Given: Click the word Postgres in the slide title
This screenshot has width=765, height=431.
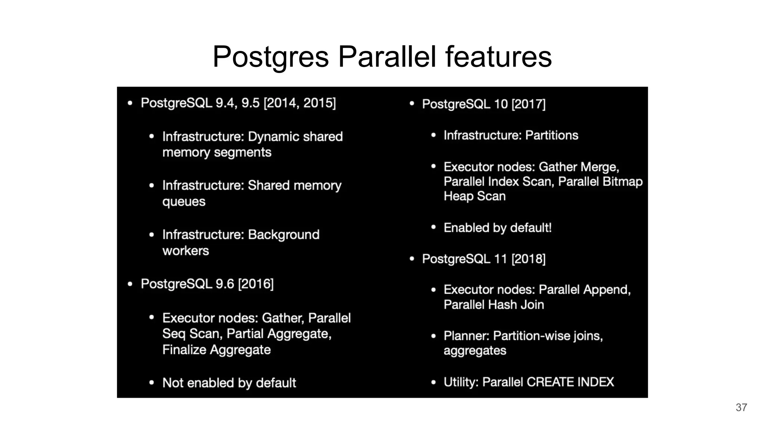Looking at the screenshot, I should (x=271, y=57).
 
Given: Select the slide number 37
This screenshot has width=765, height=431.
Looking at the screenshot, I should (x=741, y=407).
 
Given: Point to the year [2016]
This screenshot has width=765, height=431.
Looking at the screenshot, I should (x=256, y=284).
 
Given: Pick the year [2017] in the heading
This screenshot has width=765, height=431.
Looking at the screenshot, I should (x=528, y=104).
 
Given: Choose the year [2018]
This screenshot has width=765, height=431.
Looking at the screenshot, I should (x=528, y=259).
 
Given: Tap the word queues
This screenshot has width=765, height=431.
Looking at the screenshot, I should (x=184, y=202).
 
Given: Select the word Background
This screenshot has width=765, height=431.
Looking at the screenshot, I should (x=284, y=235).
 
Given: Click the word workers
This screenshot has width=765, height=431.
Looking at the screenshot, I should (x=186, y=251).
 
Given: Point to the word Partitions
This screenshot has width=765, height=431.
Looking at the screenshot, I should (x=551, y=135).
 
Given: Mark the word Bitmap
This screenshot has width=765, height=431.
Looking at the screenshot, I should (x=622, y=181).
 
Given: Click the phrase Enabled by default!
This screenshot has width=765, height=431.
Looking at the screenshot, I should (x=498, y=227).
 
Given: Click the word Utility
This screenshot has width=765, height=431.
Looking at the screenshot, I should (x=460, y=382).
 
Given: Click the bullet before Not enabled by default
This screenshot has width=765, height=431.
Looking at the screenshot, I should (x=151, y=383).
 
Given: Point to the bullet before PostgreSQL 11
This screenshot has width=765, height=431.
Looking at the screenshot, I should (x=412, y=259).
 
